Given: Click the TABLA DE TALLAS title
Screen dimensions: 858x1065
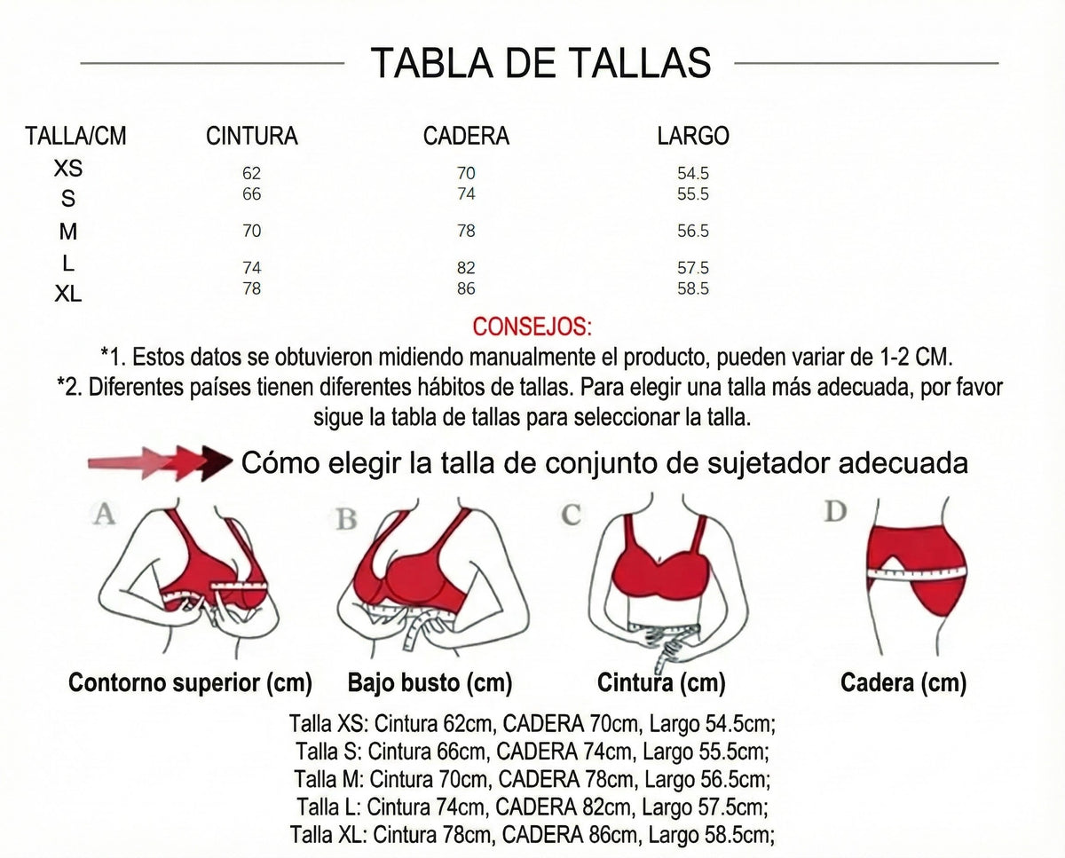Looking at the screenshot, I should [x=540, y=63].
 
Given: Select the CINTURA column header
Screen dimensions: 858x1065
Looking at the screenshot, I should [x=252, y=136].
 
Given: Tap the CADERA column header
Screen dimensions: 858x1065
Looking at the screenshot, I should [x=466, y=136].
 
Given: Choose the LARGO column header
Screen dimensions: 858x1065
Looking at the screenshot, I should [x=693, y=136].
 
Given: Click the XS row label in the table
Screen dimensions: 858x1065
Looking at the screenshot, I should [x=68, y=169].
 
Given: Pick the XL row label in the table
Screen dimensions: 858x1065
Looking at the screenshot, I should [x=68, y=294].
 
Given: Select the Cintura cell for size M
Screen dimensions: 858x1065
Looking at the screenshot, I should [x=252, y=232].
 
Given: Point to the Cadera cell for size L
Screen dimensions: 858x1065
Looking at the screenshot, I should [x=467, y=268].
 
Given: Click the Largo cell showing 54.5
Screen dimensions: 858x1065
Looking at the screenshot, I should [x=693, y=174].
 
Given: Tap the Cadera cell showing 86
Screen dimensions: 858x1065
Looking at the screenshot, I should [x=467, y=288].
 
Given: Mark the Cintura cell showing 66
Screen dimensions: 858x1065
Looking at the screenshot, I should [x=252, y=194].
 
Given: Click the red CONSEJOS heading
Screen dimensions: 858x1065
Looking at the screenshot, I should [x=532, y=327].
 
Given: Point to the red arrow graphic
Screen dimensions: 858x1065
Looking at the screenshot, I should [x=158, y=462].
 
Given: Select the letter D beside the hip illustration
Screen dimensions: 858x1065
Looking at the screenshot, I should [x=835, y=512].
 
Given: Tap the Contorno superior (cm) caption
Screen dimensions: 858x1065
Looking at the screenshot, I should [x=191, y=683].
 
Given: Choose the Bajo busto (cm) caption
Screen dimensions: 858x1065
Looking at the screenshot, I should [x=430, y=683].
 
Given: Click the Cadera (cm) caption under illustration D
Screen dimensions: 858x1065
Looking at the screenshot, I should [x=903, y=683].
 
